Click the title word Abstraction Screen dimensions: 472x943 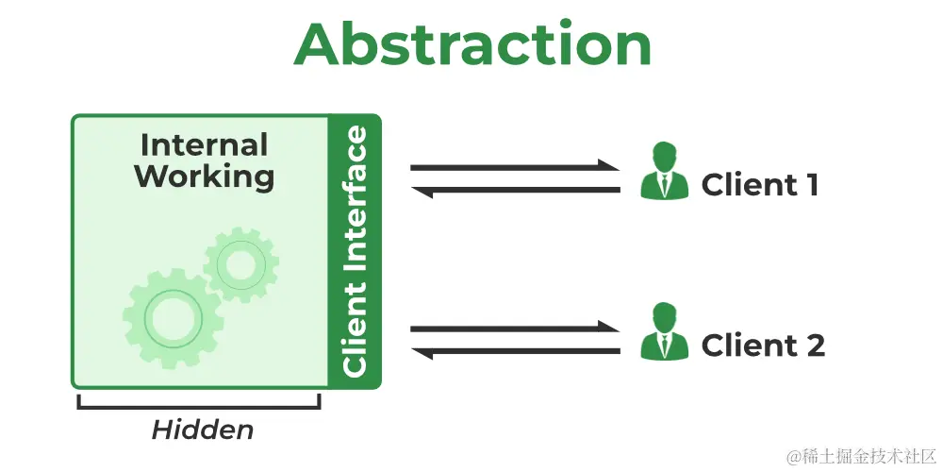(472, 43)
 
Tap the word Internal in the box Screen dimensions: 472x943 (204, 145)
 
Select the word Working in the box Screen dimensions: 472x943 (204, 176)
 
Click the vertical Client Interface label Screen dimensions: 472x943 (355, 251)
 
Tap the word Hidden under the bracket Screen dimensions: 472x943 (202, 430)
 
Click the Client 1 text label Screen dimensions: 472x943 (759, 185)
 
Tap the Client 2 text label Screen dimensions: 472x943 (763, 346)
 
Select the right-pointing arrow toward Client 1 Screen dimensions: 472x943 (514, 167)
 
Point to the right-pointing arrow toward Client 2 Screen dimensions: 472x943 (514, 328)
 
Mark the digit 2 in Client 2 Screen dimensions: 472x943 (814, 346)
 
